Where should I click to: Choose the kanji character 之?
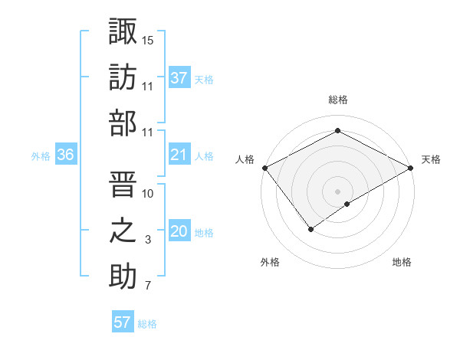pos(123,229)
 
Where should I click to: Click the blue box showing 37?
pos(179,77)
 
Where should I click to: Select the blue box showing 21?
pos(179,155)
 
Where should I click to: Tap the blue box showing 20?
pos(179,232)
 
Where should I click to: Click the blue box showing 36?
pos(65,155)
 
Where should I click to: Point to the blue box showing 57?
pos(123,322)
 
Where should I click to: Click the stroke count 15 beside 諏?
pos(148,40)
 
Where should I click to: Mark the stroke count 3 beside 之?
pos(148,241)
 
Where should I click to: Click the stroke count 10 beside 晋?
pos(148,193)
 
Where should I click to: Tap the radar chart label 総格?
pos(337,100)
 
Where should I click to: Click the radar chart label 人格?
pos(245,159)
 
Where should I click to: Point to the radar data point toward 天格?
pos(411,168)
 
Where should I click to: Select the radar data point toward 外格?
pos(311,229)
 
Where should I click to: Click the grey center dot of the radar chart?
pos(337,191)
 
